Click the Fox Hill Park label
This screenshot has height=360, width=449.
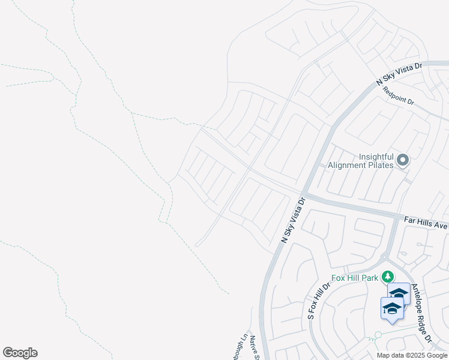tap(355, 278)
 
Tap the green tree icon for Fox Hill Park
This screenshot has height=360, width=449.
tap(388, 277)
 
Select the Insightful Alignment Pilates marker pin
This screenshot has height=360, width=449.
tap(403, 160)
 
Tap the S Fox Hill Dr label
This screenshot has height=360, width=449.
tap(315, 300)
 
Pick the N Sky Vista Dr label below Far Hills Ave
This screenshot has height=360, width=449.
tap(294, 219)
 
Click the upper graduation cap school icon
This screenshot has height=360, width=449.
tap(399, 294)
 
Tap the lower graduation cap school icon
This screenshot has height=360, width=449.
tap(391, 308)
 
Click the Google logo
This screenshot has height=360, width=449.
tap(20, 353)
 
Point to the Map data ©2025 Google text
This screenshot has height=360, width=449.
tap(412, 355)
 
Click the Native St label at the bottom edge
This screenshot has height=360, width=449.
tap(255, 348)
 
